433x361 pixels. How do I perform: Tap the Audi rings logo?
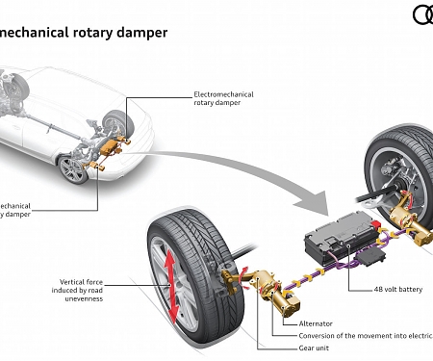tap(423, 14)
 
